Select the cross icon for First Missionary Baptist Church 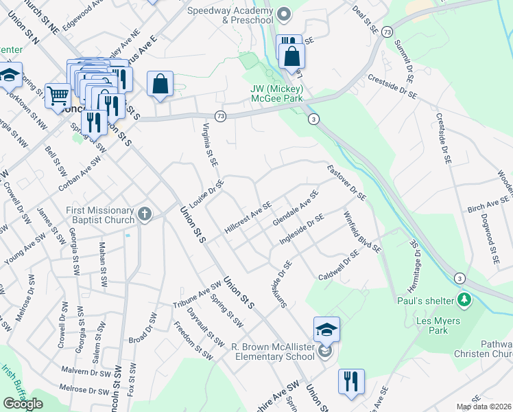144,214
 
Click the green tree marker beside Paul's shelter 465,300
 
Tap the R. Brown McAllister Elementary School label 274,351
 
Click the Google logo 23,404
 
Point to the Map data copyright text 484,407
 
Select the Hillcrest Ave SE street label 248,218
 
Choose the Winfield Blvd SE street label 362,231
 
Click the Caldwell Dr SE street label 339,266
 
